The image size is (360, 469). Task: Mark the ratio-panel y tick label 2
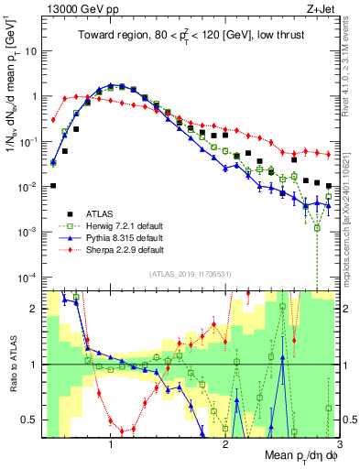pos(31,309)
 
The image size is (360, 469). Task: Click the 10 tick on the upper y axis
pos(28,51)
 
